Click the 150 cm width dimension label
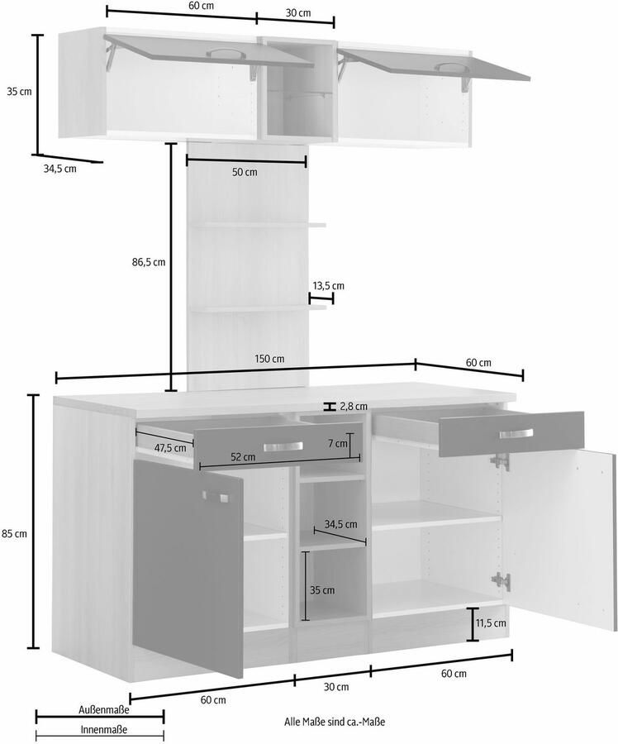click(269, 359)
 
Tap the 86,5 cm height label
click(149, 262)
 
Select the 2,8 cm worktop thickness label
click(354, 406)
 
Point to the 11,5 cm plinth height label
click(490, 622)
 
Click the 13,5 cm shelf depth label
click(328, 285)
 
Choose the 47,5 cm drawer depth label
click(169, 448)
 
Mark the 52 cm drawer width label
click(242, 456)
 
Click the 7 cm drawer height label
click(337, 443)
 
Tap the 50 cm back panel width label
click(244, 172)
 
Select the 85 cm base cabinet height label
click(16, 534)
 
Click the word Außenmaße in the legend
click(103, 709)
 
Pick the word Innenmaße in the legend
click(103, 729)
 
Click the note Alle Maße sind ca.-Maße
click(335, 722)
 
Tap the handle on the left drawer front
click(283, 446)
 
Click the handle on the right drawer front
click(517, 436)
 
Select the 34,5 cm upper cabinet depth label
click(59, 169)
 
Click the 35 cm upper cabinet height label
click(18, 92)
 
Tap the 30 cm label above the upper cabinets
click(298, 12)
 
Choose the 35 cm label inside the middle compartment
click(323, 590)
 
